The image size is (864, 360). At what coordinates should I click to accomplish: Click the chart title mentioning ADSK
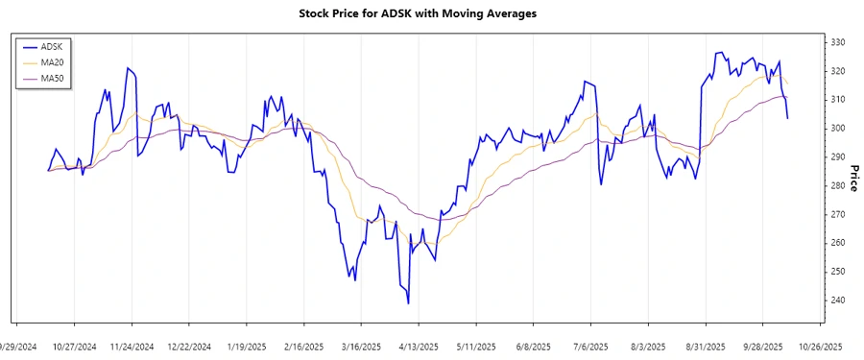pyautogui.click(x=431, y=13)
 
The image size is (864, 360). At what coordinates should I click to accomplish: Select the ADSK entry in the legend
pyautogui.click(x=53, y=46)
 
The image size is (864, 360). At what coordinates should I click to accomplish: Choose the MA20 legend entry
pyautogui.click(x=53, y=61)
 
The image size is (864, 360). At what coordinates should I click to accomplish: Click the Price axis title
pyautogui.click(x=854, y=171)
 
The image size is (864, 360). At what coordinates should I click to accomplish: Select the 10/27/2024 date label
pyautogui.click(x=74, y=346)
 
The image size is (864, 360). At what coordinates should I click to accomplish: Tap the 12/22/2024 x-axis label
pyautogui.click(x=188, y=346)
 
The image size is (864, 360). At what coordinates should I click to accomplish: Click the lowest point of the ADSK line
pyautogui.click(x=409, y=303)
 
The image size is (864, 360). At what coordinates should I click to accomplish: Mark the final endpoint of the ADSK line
pyautogui.click(x=788, y=118)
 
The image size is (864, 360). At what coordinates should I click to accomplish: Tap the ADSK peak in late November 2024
pyautogui.click(x=128, y=68)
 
